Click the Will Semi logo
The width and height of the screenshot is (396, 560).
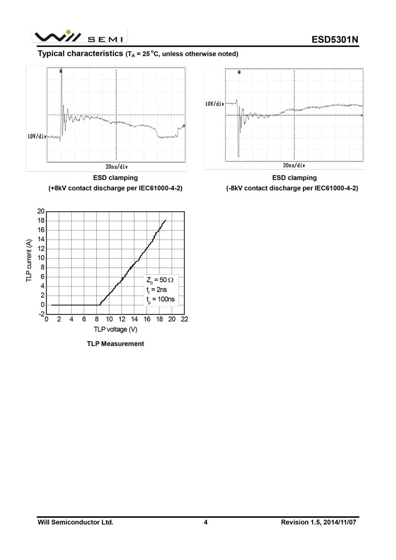(79, 36)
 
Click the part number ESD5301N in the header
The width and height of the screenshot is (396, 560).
(334, 40)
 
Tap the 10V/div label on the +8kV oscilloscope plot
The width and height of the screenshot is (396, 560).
(37, 136)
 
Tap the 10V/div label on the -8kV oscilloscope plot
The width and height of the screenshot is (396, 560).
(215, 104)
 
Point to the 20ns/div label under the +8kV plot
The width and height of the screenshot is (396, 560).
(117, 167)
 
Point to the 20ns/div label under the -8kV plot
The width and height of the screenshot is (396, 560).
(294, 165)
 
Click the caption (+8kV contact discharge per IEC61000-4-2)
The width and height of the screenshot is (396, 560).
(115, 188)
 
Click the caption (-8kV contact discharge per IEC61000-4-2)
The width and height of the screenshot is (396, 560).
(292, 188)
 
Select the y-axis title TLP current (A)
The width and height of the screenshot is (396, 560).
(29, 261)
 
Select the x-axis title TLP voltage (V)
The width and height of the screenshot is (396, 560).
(115, 329)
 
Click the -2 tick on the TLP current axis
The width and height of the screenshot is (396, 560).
(42, 314)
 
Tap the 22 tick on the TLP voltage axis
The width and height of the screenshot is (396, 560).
(185, 319)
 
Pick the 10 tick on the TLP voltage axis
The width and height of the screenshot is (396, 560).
(109, 319)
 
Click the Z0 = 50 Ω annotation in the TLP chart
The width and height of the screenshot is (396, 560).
(160, 280)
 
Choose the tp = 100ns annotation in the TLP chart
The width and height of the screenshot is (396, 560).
(160, 300)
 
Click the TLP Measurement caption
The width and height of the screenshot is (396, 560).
(115, 344)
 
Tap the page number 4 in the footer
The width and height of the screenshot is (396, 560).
(205, 522)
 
